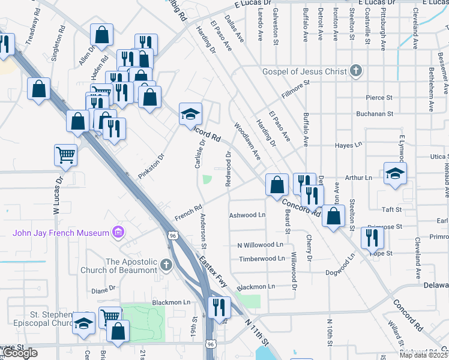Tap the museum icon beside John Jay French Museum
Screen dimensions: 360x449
point(118,232)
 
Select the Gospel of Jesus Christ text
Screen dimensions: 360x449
point(305,71)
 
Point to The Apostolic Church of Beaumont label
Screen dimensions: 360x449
point(130,265)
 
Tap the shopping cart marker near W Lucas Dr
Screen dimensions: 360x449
point(65,155)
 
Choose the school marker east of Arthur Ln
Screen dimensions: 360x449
point(395,174)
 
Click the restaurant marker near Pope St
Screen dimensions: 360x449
point(372,239)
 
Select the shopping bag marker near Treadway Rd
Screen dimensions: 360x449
point(38,89)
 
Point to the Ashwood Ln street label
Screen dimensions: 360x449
point(247,215)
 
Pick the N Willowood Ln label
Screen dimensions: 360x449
point(260,245)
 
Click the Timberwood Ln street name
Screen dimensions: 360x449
point(262,258)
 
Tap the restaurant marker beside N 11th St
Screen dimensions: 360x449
point(219,308)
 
